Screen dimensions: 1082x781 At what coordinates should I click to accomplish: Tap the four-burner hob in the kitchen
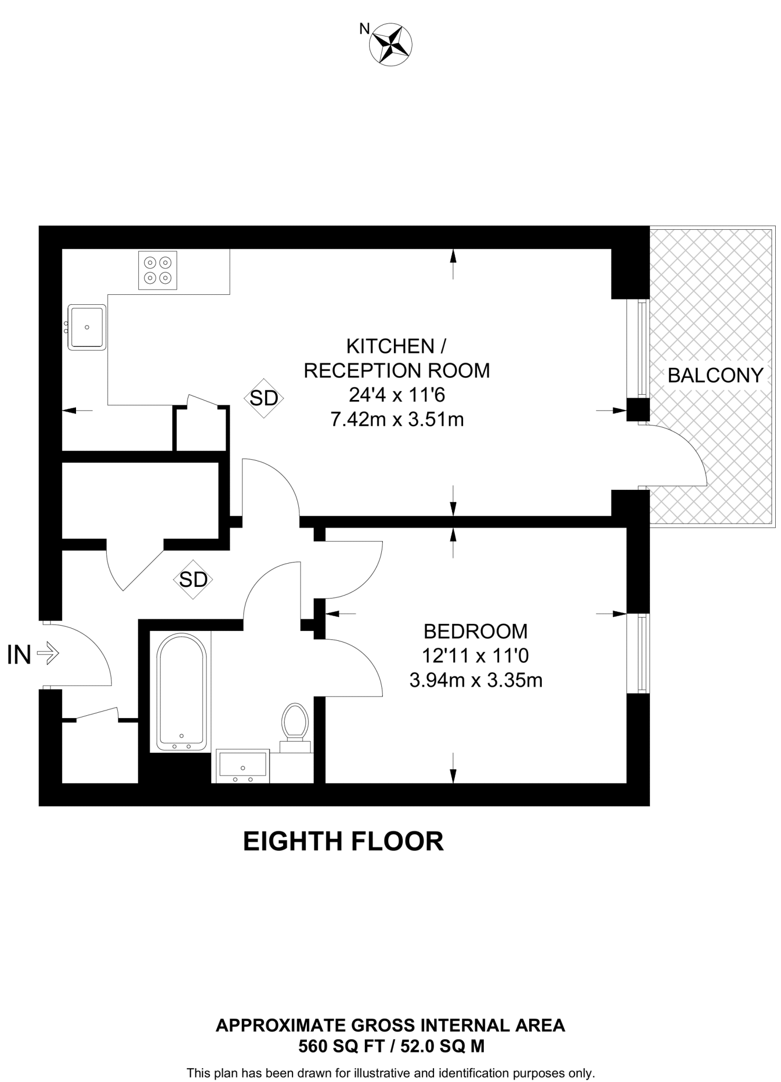[157, 270]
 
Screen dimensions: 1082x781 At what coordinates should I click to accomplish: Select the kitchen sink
[87, 327]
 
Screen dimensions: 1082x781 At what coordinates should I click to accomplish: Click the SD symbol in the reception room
[264, 398]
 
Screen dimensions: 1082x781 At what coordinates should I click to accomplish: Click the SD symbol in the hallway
[193, 580]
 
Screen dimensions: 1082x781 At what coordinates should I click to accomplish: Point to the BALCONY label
[715, 375]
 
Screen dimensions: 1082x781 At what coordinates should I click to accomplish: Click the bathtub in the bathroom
[181, 692]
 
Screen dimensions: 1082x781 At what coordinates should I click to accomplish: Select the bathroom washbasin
[243, 766]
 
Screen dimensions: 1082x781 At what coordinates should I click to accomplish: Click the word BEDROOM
[475, 631]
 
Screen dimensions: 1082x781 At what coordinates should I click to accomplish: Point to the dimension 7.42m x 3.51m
[397, 419]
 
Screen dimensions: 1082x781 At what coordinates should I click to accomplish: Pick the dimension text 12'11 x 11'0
[475, 656]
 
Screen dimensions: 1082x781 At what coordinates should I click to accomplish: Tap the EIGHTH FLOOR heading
[343, 842]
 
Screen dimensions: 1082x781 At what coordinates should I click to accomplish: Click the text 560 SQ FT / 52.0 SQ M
[391, 1046]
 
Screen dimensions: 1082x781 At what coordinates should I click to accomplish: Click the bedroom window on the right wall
[641, 654]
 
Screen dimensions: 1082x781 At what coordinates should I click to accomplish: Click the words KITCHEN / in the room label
[396, 347]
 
